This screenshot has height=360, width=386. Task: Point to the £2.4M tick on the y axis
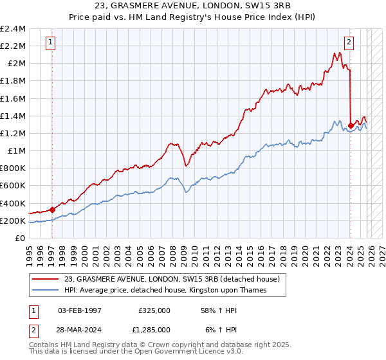pyautogui.click(x=13, y=29)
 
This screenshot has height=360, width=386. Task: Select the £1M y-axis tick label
pyautogui.click(x=16, y=151)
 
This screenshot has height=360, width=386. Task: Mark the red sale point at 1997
pyautogui.click(x=52, y=210)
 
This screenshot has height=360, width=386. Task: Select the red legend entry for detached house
pyautogui.click(x=172, y=280)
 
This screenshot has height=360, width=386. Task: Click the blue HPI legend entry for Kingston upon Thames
pyautogui.click(x=165, y=291)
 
